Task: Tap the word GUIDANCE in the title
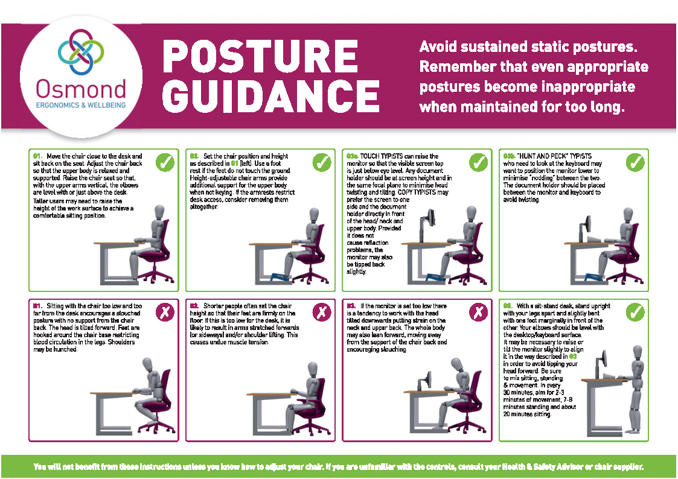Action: [x=271, y=95]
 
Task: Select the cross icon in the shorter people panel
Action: [x=322, y=312]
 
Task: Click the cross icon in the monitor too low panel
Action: [x=479, y=312]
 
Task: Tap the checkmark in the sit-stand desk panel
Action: [x=635, y=312]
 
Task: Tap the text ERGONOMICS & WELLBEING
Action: [x=81, y=106]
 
